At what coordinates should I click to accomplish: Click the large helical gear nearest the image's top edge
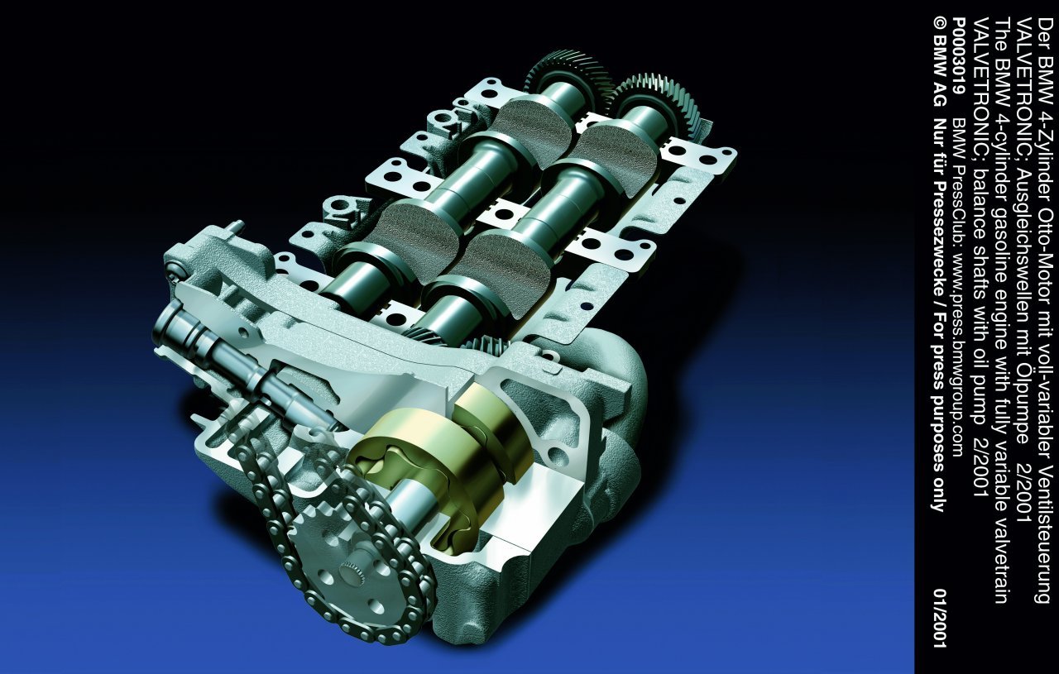tap(568, 75)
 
